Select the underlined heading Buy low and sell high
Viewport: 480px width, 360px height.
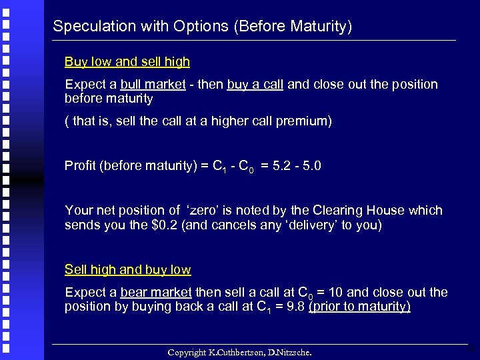click(x=127, y=62)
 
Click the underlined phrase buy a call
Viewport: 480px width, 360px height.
click(x=255, y=85)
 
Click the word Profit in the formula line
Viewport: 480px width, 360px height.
click(x=80, y=165)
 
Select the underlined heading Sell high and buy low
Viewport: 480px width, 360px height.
click(x=127, y=270)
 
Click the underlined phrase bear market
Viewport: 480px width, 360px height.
click(x=156, y=293)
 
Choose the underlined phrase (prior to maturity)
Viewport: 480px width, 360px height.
click(x=359, y=307)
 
